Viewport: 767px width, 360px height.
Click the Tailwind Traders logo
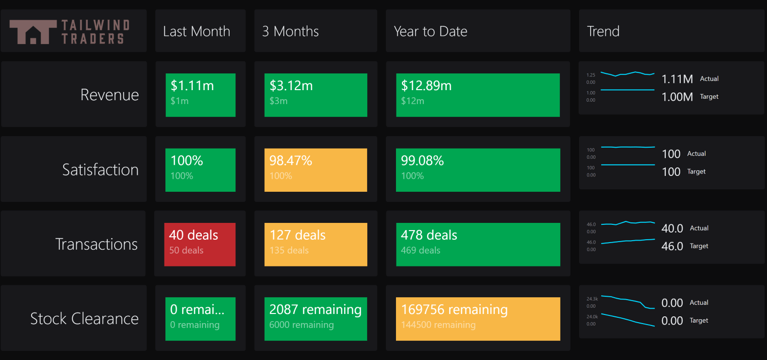70,32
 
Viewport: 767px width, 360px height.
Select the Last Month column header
197,32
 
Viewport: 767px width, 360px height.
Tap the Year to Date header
430,32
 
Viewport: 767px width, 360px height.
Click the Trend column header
603,32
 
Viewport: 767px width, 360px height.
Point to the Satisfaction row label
100,170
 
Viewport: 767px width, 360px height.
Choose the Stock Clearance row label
84,319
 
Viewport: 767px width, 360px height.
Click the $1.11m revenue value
192,86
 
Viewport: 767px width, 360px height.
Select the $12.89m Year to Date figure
426,86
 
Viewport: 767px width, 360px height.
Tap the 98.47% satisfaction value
291,161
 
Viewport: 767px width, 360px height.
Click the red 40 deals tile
200,244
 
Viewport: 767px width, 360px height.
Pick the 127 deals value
297,235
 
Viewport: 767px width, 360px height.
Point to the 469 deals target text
420,250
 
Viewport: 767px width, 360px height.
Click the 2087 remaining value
315,310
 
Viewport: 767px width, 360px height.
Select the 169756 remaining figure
454,310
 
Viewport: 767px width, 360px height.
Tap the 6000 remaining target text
301,325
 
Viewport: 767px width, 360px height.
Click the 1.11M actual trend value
677,79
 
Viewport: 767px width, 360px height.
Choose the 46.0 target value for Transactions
672,246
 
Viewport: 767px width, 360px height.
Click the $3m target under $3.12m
278,101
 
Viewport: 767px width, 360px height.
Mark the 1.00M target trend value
677,97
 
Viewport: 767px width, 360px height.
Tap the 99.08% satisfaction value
422,161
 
